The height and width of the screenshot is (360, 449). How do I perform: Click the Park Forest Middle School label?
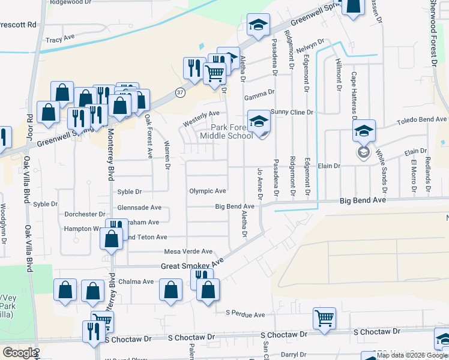point(231,131)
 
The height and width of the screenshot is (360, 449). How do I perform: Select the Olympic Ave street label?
point(208,191)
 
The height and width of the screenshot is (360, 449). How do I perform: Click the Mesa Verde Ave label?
point(188,251)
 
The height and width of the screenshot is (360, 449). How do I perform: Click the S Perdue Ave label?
point(245,314)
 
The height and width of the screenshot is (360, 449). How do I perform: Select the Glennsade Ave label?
point(139,207)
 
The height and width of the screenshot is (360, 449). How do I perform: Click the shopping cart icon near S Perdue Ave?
point(324,317)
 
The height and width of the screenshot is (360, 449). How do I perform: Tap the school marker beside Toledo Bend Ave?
point(364,131)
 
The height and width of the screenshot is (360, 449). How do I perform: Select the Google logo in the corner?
point(19,353)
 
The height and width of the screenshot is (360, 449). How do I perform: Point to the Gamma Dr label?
point(259,92)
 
